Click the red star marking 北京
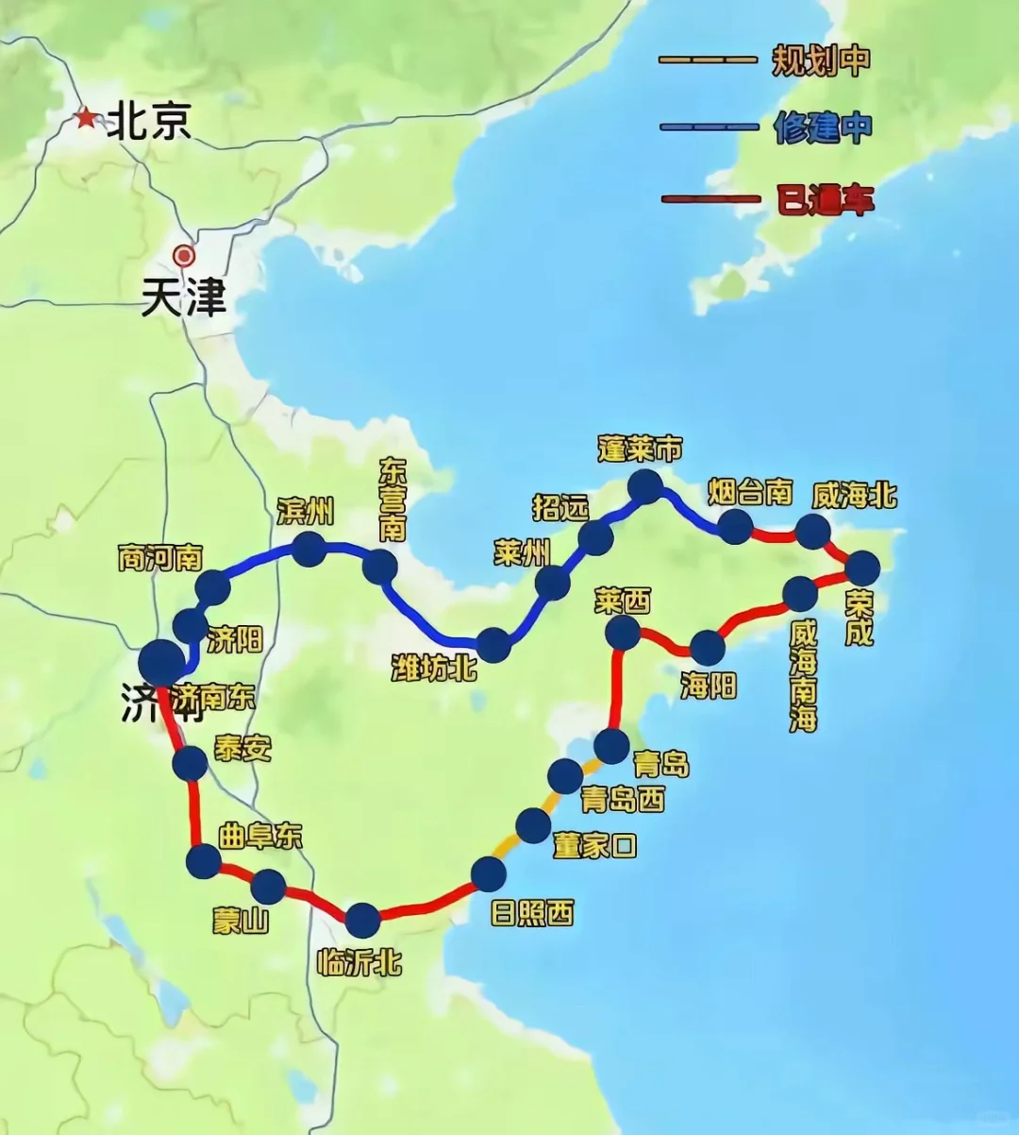(x=87, y=119)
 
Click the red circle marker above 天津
(x=184, y=255)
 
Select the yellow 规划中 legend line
(x=708, y=60)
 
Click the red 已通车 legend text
(x=825, y=200)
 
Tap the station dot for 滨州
(x=309, y=549)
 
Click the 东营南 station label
(x=393, y=500)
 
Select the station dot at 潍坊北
(x=493, y=645)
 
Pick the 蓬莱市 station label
(x=640, y=449)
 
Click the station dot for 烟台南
(x=735, y=526)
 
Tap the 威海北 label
(x=854, y=495)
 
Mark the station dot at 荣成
(x=862, y=568)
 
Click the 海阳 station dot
(x=708, y=648)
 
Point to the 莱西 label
(x=623, y=601)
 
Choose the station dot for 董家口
(x=533, y=825)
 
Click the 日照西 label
(x=532, y=912)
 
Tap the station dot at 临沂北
(x=362, y=920)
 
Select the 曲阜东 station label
(x=260, y=837)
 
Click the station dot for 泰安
(x=190, y=763)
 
